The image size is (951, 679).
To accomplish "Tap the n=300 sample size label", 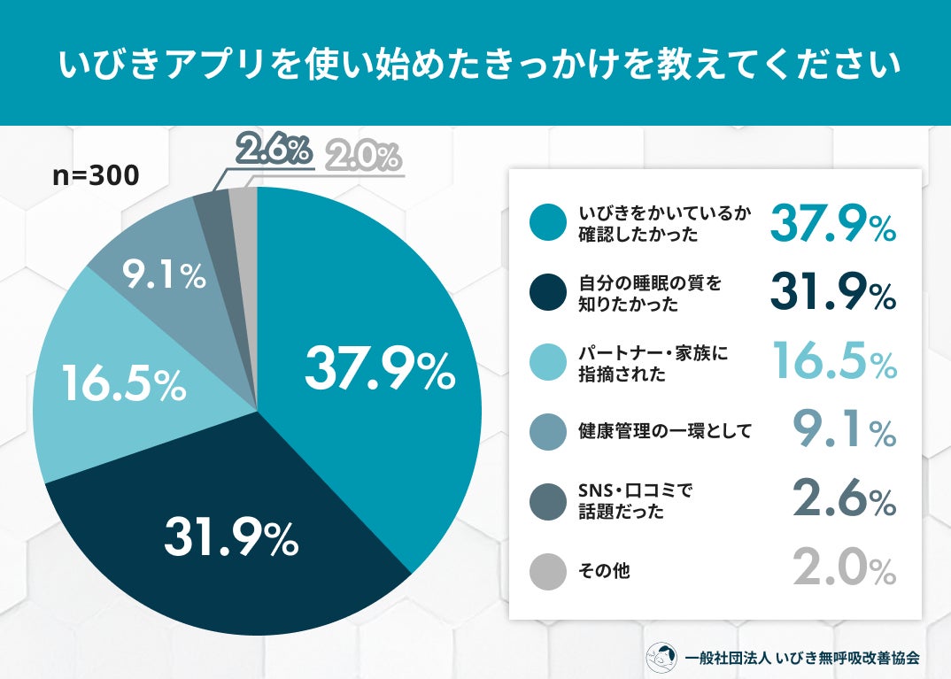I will pyautogui.click(x=96, y=175).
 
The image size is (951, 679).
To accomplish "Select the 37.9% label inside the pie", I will pyautogui.click(x=380, y=369).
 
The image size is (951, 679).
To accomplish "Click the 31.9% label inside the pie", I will pyautogui.click(x=230, y=537).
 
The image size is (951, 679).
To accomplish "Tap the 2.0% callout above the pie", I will pyautogui.click(x=364, y=158).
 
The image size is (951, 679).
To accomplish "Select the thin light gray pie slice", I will pyautogui.click(x=244, y=208).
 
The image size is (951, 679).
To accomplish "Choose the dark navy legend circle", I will pyautogui.click(x=548, y=294).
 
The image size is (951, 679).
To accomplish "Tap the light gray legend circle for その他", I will pyautogui.click(x=548, y=571).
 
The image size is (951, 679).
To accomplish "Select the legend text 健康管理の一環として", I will pyautogui.click(x=664, y=433).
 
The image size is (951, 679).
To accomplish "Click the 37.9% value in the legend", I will pyautogui.click(x=832, y=224).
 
